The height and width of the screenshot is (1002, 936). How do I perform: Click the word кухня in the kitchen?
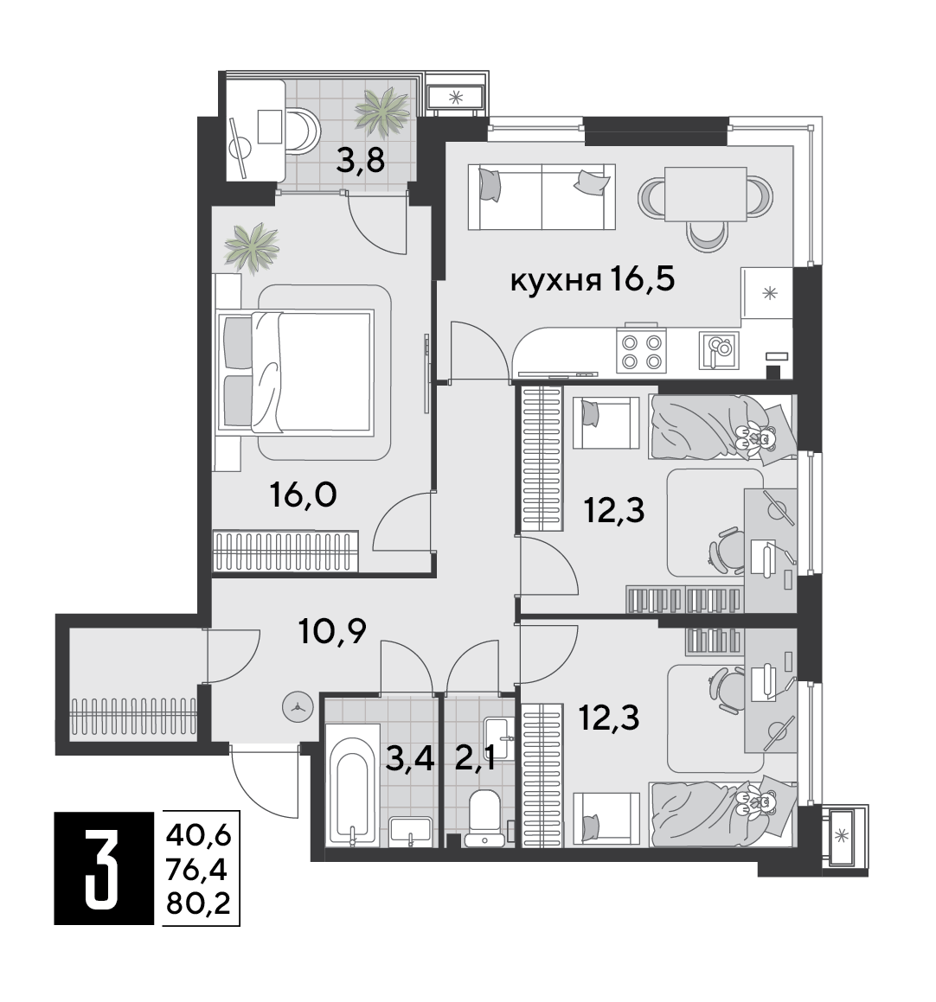pyautogui.click(x=555, y=280)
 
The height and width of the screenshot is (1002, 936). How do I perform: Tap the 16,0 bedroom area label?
pyautogui.click(x=303, y=495)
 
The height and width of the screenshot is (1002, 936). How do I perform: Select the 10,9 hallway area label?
pyautogui.click(x=332, y=631)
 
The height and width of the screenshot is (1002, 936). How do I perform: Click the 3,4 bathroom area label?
pyautogui.click(x=410, y=760)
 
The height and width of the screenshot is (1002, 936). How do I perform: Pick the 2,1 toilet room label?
pyautogui.click(x=475, y=760)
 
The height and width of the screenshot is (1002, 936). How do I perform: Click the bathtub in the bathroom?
pyautogui.click(x=352, y=785)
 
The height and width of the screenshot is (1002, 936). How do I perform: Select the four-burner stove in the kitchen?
pyautogui.click(x=641, y=351)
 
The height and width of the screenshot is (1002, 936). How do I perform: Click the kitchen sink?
pyautogui.click(x=719, y=350)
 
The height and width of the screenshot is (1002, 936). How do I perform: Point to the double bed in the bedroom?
pyautogui.click(x=295, y=371)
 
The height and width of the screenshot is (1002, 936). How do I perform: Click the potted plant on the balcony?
pyautogui.click(x=381, y=112)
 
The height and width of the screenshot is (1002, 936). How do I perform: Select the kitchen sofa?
pyautogui.click(x=542, y=196)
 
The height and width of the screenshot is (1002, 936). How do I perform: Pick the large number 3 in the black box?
pyautogui.click(x=102, y=868)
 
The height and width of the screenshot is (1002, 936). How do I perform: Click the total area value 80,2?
pyautogui.click(x=198, y=904)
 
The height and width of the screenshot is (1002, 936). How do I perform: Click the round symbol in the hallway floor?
pyautogui.click(x=298, y=708)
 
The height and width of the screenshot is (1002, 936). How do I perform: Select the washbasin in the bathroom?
pyautogui.click(x=410, y=831)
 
